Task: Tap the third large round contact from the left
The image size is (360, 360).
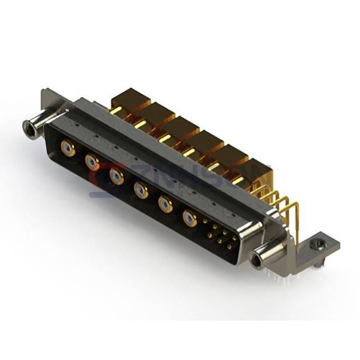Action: tap(116, 176)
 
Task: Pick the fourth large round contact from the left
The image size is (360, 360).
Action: tap(141, 191)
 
